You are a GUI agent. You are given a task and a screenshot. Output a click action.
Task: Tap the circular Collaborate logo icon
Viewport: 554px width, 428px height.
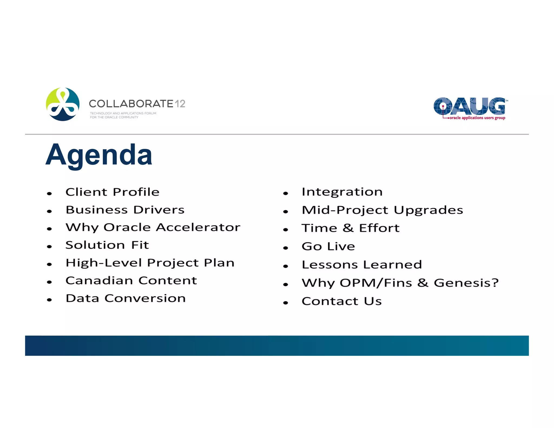[63, 104]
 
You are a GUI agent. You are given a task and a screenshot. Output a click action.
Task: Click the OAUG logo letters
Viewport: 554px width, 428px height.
[469, 106]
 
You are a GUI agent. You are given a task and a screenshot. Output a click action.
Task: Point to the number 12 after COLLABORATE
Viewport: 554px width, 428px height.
[180, 104]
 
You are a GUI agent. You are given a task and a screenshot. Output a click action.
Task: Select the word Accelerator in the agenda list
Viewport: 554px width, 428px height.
[198, 227]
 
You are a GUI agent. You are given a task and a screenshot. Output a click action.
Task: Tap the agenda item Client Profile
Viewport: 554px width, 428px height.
[113, 192]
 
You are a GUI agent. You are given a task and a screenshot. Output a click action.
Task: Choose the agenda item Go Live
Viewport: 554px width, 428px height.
[328, 246]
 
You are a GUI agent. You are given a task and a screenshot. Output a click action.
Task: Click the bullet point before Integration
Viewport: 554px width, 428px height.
[286, 193]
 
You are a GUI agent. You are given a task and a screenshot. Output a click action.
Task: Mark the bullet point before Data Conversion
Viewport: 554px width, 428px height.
[49, 300]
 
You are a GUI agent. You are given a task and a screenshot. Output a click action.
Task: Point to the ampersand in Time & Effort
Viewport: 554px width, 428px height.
[348, 228]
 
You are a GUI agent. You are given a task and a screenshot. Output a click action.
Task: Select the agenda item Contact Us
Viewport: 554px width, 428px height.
[342, 301]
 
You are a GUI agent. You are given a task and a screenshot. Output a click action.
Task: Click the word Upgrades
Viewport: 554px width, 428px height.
[428, 210]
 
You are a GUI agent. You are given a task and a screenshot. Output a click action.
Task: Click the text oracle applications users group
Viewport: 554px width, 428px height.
[477, 118]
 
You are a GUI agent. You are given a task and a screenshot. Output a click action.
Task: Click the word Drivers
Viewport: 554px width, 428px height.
[159, 210]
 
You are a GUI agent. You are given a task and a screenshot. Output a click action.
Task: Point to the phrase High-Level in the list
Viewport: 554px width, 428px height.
[104, 263]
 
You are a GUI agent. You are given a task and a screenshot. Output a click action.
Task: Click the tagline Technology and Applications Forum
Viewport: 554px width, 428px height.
[123, 113]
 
